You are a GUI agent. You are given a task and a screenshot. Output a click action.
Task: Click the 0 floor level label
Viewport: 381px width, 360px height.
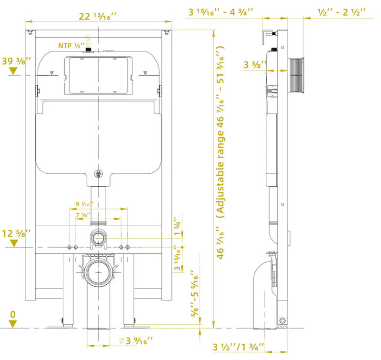pos(12,314)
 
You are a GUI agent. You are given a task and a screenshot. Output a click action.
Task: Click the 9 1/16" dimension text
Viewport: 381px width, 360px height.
pos(84,204)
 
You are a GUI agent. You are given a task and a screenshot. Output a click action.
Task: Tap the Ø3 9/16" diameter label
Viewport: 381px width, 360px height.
pos(132,340)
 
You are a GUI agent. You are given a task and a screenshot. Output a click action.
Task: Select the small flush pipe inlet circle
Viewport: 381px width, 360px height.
pos(99,237)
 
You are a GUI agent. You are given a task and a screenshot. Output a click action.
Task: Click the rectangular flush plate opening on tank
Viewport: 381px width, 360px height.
pos(98,75)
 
